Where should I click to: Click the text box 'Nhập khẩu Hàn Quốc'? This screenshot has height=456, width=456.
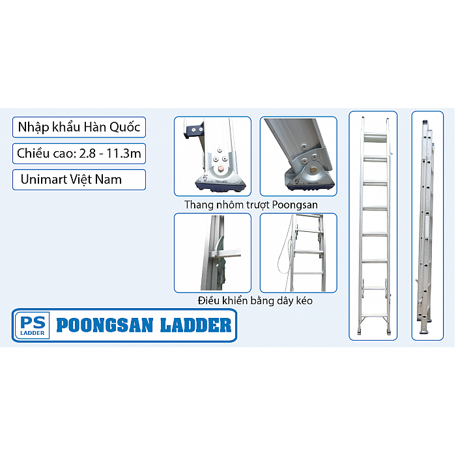[x=79, y=127]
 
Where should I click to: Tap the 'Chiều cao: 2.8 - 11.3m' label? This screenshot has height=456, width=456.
[x=79, y=153]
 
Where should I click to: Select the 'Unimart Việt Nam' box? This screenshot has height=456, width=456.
[x=79, y=179]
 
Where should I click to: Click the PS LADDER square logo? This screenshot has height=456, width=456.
[x=33, y=325]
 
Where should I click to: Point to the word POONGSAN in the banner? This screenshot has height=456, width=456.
[x=105, y=325]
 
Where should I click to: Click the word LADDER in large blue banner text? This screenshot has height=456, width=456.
[x=195, y=325]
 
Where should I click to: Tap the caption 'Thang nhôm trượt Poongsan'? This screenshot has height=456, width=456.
[x=251, y=205]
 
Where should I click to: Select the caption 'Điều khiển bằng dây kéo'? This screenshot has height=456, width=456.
[x=255, y=300]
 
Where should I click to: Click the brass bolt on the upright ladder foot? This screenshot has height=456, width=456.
[x=220, y=168]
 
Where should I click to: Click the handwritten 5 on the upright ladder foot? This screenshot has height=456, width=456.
[x=205, y=178]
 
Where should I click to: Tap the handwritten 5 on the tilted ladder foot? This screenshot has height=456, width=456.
[x=297, y=181]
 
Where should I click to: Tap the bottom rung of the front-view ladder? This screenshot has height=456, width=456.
[x=375, y=315]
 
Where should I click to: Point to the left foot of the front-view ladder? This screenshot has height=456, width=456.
[x=360, y=331]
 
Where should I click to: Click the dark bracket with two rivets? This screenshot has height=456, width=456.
[x=193, y=129]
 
